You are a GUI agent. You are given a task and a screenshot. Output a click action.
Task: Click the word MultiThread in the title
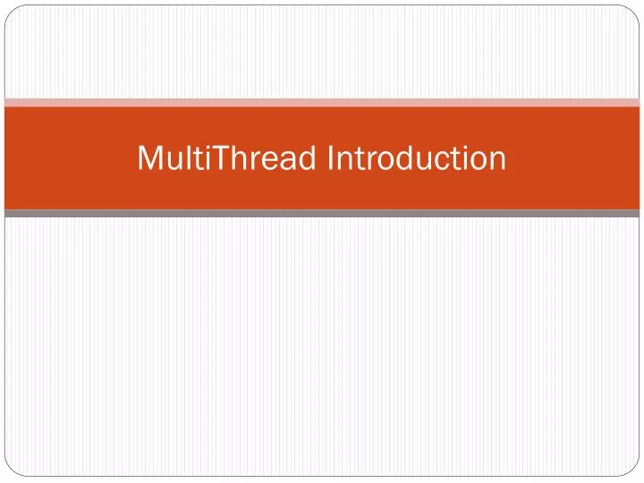coord(230,158)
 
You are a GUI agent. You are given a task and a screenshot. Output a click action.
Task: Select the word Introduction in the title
coord(417,158)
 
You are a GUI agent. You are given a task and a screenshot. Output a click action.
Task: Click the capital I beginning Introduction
coord(333,158)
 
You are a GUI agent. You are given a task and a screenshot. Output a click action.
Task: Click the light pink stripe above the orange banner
coord(322,103)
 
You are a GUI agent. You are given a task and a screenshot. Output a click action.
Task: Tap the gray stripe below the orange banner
coord(322,214)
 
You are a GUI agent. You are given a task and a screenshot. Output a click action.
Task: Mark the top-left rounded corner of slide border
coord(8,8)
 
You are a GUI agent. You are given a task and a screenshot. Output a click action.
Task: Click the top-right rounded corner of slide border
coord(635,8)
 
